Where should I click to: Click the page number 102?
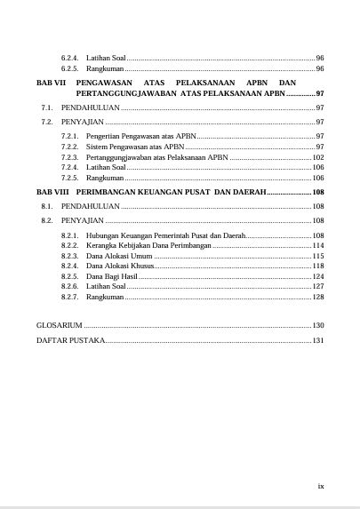318,156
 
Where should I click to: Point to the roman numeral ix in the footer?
321,486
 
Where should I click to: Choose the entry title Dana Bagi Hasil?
112,276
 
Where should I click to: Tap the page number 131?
318,340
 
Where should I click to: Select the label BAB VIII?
52,192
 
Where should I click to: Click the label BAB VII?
52,82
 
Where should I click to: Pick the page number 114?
318,244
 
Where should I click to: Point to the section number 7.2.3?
70,156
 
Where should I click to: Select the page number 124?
318,276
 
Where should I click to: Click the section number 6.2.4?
70,57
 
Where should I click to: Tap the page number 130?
318,325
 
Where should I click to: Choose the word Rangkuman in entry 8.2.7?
105,297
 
